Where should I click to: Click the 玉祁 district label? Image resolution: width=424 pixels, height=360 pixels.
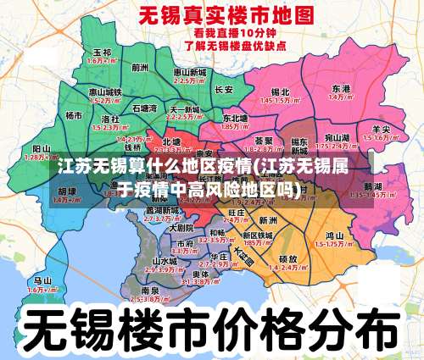102,53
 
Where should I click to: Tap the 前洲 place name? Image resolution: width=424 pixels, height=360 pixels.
140,66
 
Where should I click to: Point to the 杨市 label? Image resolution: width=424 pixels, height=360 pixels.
75,115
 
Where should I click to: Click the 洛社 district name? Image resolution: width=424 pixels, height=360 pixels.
110,118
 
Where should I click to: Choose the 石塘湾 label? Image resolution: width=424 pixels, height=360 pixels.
144,108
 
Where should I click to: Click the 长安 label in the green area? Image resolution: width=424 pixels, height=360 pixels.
224,89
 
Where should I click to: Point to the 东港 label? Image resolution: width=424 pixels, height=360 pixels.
341,88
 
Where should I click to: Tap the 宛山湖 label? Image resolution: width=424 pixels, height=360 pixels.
337,136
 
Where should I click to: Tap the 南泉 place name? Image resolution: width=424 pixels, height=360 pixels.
140,290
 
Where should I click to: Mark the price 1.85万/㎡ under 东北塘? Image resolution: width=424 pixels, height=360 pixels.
235,126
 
